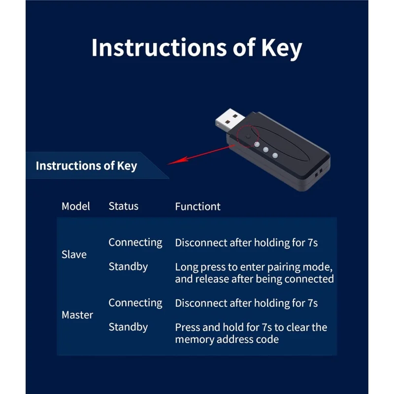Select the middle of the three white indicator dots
265,150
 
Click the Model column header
76,206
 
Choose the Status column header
123,206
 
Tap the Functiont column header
197,207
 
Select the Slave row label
74,255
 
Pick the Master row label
77,315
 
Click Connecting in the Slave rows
135,242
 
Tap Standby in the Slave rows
128,267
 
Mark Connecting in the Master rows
135,303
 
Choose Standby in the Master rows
128,327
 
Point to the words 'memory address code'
227,339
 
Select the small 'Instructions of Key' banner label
86,165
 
